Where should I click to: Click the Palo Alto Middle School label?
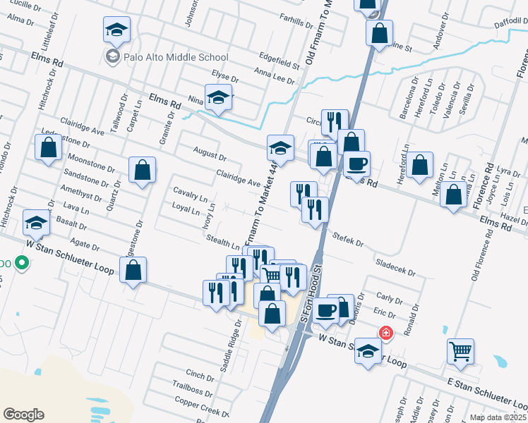coord(176,57)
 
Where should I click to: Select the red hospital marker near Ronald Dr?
coord(385,333)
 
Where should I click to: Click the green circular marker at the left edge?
coord(22,264)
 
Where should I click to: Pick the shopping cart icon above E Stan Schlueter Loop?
coord(460,350)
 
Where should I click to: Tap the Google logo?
coord(24,414)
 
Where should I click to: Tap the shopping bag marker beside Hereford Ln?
coord(419,166)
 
